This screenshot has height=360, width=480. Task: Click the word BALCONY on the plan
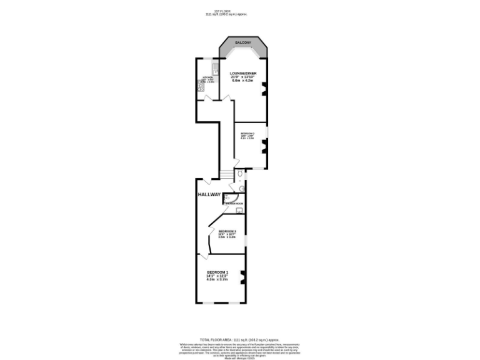point(243,42)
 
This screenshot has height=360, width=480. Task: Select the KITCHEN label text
point(207,77)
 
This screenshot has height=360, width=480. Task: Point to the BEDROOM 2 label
point(248,133)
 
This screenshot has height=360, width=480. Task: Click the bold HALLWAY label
point(209,194)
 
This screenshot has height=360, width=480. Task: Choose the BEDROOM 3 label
point(227,231)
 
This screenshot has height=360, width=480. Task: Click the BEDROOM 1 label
point(217,272)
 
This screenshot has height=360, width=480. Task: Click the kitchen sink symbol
point(214,68)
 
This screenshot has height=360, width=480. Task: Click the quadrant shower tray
point(227,197)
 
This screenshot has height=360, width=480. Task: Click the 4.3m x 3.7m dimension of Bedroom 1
point(217,279)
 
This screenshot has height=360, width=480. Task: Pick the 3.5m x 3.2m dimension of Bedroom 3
point(227,237)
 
